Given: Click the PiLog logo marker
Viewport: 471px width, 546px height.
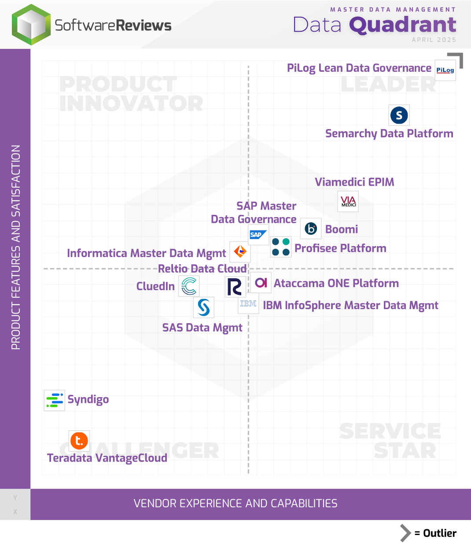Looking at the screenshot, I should [445, 70].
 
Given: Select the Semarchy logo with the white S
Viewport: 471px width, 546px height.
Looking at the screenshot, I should [399, 115].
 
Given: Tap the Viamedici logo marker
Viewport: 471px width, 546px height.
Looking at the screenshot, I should [348, 202].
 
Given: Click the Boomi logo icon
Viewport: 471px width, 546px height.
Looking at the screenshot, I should [311, 229].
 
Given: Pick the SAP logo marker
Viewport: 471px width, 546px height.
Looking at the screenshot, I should [258, 235].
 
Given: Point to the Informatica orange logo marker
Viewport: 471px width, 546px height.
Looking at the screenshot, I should [240, 252].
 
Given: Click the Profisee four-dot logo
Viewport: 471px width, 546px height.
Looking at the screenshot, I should [281, 247].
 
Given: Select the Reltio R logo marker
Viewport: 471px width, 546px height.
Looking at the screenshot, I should [235, 287].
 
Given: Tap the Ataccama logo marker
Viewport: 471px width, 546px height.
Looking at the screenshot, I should [261, 283].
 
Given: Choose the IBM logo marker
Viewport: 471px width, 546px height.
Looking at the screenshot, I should [248, 303].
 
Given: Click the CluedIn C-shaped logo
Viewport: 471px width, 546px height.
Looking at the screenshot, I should [189, 286].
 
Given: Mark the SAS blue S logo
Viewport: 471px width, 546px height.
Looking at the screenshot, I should [204, 307].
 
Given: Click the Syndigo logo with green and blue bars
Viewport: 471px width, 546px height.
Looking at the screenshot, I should [55, 400].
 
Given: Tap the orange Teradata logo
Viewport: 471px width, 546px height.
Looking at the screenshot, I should [79, 441].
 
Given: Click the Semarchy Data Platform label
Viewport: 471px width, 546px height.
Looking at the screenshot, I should [389, 133].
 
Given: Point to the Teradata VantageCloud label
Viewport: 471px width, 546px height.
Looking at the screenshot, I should [107, 458].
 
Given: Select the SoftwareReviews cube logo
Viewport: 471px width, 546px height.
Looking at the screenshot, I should [31, 25].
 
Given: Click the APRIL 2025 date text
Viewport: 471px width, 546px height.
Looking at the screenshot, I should [434, 40].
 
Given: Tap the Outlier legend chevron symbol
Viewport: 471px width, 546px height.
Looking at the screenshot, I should [405, 533].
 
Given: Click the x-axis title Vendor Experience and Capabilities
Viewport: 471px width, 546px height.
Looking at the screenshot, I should [235, 503].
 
